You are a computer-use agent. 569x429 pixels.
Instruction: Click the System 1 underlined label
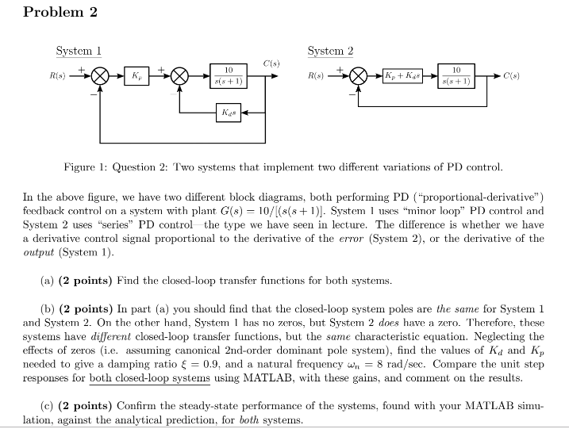(x=79, y=51)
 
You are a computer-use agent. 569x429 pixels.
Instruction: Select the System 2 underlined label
(x=330, y=51)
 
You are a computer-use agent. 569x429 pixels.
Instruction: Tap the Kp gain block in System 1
(x=137, y=77)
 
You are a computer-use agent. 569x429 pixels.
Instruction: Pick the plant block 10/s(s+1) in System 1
(x=228, y=77)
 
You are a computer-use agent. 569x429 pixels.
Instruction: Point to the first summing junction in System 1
(x=101, y=77)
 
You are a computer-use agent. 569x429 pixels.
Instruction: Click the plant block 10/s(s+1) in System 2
(x=461, y=77)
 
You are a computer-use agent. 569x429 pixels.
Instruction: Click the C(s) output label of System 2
(x=513, y=77)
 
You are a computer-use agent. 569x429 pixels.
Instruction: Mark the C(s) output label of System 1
(x=271, y=63)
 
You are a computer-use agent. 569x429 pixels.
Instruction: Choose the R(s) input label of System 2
(x=316, y=78)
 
